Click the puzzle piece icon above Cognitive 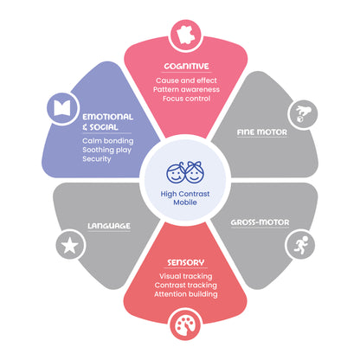point(186,36)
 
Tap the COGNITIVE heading point(186,67)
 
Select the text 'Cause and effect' point(186,80)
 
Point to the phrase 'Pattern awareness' point(186,89)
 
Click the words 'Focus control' point(186,99)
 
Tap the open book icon point(62,108)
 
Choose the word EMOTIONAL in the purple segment point(108,117)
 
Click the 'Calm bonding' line point(108,141)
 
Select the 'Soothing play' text point(106,150)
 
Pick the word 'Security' point(97,159)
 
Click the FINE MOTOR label point(262,132)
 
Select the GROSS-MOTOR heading point(260,222)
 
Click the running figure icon point(300,245)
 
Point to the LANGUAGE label point(109,226)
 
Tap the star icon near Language point(70,246)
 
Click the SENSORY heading point(186,262)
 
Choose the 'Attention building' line point(186,294)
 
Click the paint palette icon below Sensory point(185,325)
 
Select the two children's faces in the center point(185,172)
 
